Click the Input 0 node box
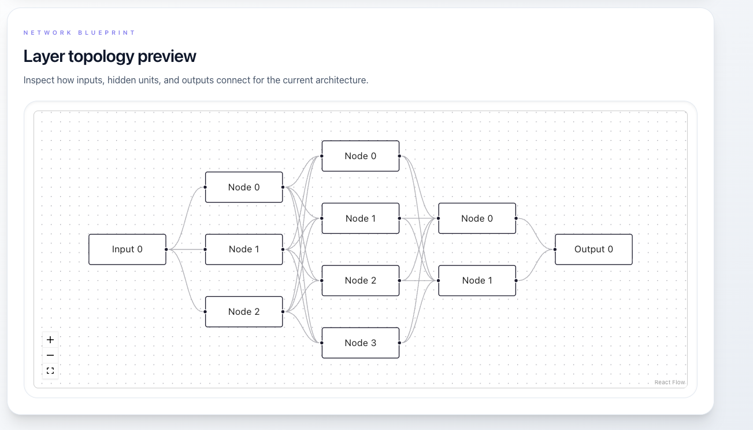(127, 249)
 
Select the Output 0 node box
(594, 249)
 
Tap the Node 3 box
(360, 343)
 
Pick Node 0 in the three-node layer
(244, 187)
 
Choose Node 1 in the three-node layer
(244, 249)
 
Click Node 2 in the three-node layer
(244, 311)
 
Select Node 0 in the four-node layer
(360, 156)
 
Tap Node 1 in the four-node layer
(360, 218)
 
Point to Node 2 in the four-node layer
(360, 280)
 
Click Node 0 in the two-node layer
(477, 218)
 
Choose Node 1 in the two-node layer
(477, 280)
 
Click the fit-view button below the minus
(50, 370)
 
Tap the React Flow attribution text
(669, 383)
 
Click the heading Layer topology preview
(110, 56)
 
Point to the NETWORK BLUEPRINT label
(79, 33)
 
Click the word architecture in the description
(338, 80)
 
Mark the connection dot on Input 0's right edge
(166, 249)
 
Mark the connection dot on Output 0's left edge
(555, 249)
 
